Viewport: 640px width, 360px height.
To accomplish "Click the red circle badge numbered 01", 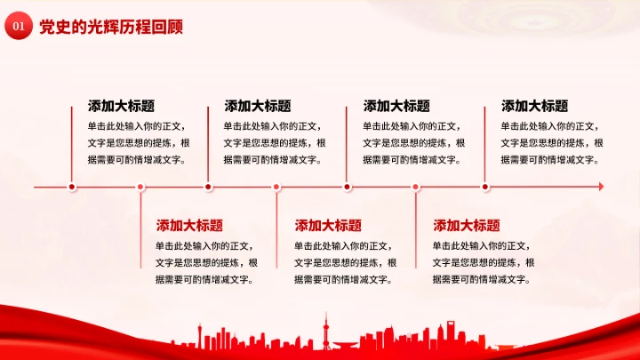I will point(17,28).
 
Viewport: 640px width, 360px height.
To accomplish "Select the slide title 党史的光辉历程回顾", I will point(111,28).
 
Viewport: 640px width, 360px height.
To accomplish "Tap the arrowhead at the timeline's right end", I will point(600,187).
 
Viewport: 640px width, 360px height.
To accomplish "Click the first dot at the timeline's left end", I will point(73,187).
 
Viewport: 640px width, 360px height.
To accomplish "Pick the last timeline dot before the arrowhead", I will point(485,187).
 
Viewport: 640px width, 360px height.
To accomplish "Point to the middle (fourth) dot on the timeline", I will point(277,187).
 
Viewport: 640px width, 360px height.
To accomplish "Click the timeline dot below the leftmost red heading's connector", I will point(141,187).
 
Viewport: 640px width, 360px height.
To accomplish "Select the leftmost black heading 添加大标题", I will point(121,106).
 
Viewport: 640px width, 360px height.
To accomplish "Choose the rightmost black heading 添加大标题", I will point(534,106).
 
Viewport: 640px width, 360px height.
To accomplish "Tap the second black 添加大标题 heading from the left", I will point(258,106).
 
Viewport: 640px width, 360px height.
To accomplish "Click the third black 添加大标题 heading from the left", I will point(396,106).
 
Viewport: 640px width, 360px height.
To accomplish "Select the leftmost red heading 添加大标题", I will point(189,225).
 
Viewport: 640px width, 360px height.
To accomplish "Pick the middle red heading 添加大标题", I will point(328,225).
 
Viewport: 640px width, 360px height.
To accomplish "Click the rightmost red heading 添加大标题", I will point(467,225).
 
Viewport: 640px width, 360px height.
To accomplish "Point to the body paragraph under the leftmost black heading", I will point(138,143).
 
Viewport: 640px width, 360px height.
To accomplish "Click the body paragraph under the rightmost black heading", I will point(551,143).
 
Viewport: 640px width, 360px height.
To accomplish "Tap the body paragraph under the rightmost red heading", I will point(484,262).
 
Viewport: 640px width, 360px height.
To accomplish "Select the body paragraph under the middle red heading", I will point(345,262).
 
